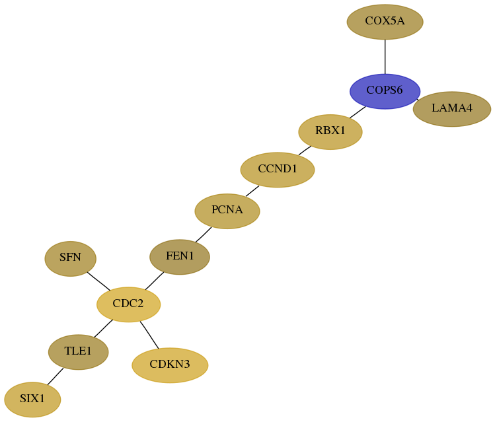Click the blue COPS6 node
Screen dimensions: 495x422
pyautogui.click(x=385, y=91)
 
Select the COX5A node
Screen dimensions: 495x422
pyautogui.click(x=385, y=22)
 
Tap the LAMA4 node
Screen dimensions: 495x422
pyautogui.click(x=452, y=109)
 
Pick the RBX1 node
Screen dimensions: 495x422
pyautogui.click(x=330, y=132)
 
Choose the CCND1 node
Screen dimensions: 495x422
pyautogui.click(x=278, y=170)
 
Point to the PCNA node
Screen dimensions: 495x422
pyautogui.click(x=227, y=211)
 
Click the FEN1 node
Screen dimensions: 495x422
pyautogui.click(x=180, y=257)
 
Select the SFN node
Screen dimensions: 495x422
pyautogui.click(x=71, y=259)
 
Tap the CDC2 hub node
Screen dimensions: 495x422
pyautogui.click(x=128, y=304)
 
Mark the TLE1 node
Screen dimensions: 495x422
pyautogui.click(x=78, y=352)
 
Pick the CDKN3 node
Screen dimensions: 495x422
pyautogui.click(x=170, y=365)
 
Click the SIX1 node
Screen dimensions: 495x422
pyautogui.click(x=32, y=400)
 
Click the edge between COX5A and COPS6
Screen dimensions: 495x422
pyautogui.click(x=385, y=57)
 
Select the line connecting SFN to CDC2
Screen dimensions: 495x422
pyautogui.click(x=98, y=281)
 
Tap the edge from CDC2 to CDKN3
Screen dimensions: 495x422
pyautogui.click(x=149, y=335)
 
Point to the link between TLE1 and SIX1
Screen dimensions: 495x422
pyautogui.click(x=56, y=376)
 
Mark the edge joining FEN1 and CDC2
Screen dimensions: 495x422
pyautogui.click(x=155, y=281)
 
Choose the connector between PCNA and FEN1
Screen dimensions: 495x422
pyautogui.click(x=204, y=234)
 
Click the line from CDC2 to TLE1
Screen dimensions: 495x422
pyautogui.click(x=104, y=328)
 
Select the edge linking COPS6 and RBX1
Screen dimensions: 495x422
pyautogui.click(x=358, y=112)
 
